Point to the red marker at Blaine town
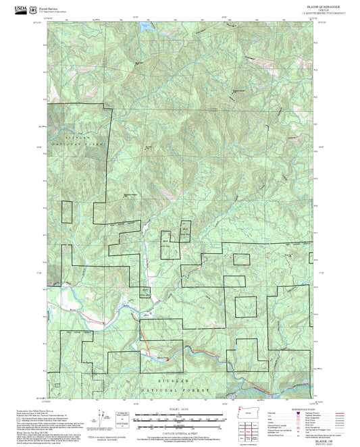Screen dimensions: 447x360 [x=167, y=359]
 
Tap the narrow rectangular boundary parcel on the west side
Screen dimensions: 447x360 [x=66, y=212]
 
